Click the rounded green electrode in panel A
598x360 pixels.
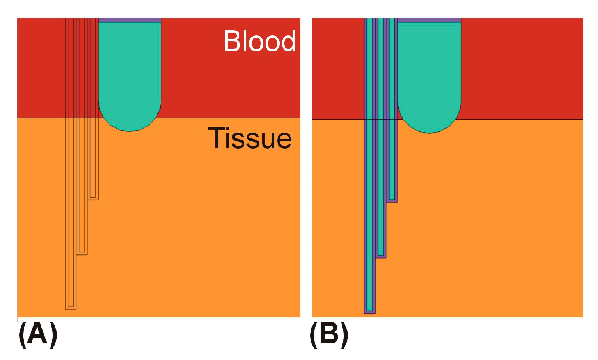click(130, 74)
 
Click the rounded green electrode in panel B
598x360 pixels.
click(429, 74)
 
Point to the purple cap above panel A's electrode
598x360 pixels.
click(130, 20)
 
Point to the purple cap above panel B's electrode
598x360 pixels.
click(429, 20)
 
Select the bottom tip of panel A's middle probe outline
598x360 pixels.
click(82, 253)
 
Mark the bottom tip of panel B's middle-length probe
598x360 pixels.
click(381, 256)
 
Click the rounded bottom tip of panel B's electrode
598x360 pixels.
click(429, 131)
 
